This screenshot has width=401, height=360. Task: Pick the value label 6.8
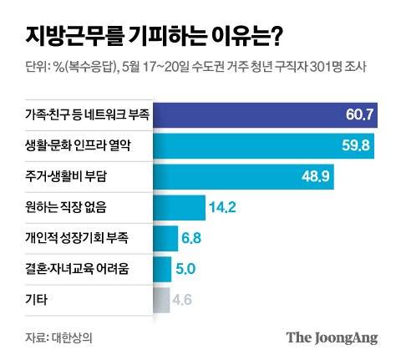point(191,238)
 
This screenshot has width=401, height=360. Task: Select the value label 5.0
point(185,269)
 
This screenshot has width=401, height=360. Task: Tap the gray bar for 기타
point(161,299)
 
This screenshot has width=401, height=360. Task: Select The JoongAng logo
point(332,337)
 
